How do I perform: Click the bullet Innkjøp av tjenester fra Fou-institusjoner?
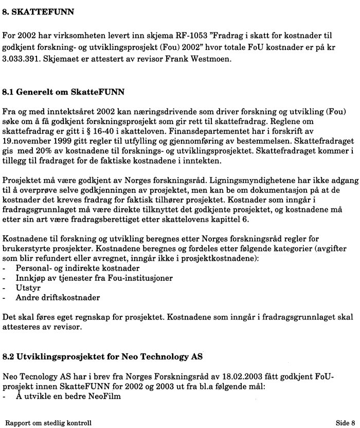tap(86, 278)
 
